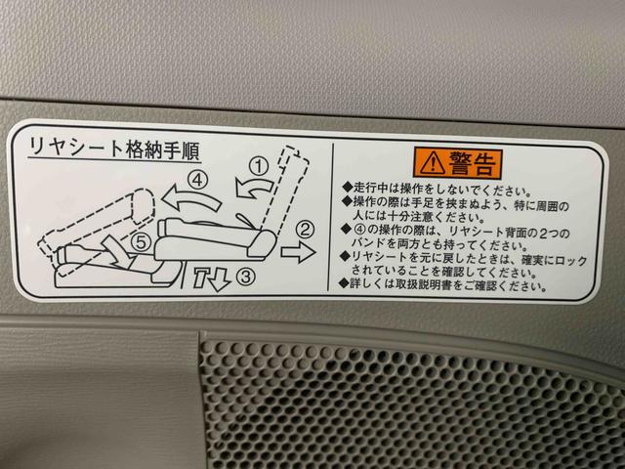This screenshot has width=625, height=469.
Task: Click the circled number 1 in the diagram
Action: click(x=259, y=166)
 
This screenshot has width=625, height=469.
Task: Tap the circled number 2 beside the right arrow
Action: click(x=305, y=230)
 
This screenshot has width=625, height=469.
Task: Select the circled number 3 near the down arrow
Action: click(x=245, y=276)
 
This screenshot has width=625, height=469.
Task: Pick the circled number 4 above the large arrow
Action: click(x=198, y=180)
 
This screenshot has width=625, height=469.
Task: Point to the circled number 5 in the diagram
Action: click(x=141, y=242)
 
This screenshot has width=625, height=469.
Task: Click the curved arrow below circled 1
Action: click(x=253, y=188)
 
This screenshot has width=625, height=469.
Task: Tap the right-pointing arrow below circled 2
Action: click(x=299, y=252)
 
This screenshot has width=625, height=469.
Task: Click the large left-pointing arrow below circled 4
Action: click(x=190, y=198)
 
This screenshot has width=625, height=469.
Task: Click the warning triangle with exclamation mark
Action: click(x=432, y=163)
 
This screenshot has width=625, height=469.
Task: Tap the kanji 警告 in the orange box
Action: click(x=473, y=163)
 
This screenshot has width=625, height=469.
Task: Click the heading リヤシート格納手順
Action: click(x=114, y=149)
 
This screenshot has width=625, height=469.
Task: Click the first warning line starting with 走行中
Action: click(x=437, y=190)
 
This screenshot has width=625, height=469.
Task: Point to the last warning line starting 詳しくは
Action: click(x=442, y=284)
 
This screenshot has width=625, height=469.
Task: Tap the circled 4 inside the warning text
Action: click(x=359, y=231)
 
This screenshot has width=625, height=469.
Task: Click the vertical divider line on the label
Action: click(x=330, y=217)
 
